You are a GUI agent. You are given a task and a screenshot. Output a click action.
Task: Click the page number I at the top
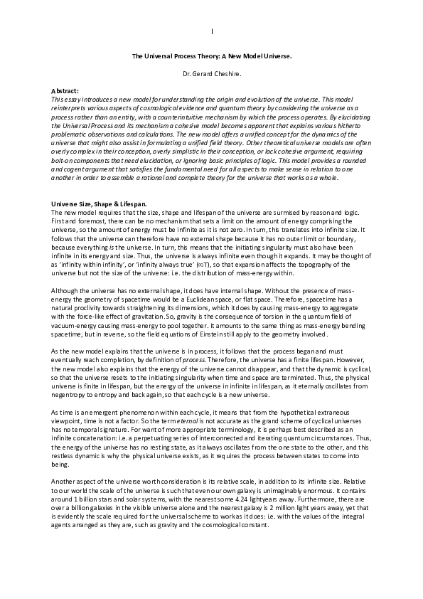click(212, 33)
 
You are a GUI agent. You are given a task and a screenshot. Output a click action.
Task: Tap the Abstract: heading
click(65, 92)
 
